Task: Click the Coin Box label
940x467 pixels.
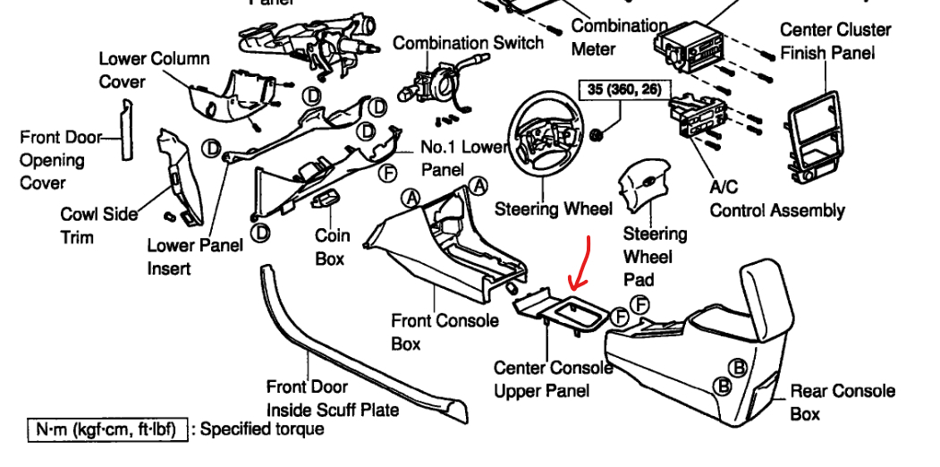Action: (x=332, y=246)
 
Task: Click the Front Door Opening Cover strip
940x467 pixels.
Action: (x=126, y=130)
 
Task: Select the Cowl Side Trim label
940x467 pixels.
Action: (x=99, y=225)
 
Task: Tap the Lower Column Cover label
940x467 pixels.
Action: (x=154, y=70)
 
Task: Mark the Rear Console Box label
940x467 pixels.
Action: (x=842, y=403)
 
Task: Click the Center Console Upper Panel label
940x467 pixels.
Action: (x=553, y=379)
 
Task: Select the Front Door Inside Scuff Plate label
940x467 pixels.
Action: (x=332, y=399)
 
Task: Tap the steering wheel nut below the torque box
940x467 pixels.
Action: (x=597, y=135)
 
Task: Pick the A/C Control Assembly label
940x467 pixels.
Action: (x=776, y=200)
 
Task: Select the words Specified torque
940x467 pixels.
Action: (x=262, y=429)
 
